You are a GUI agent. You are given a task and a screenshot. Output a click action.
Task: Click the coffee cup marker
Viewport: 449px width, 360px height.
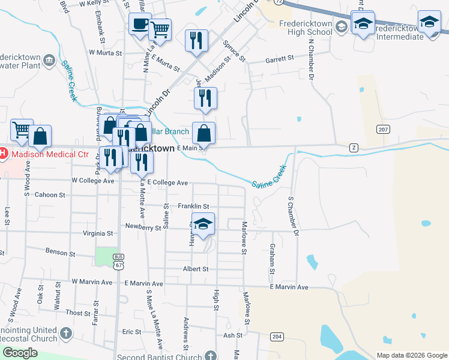(x=140, y=25)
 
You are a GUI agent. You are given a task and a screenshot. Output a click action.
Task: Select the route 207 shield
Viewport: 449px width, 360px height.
(x=383, y=130)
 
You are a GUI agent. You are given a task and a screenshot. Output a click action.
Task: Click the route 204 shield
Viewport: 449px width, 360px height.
(x=276, y=337)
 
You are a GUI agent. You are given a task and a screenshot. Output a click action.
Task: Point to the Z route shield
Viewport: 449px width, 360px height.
(x=354, y=147)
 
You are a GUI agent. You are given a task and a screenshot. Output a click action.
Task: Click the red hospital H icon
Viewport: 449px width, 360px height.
(x=3, y=154)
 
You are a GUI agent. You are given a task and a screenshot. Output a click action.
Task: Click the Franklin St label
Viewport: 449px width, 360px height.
(x=193, y=206)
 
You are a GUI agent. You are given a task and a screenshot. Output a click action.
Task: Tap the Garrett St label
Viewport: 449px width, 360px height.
(x=280, y=59)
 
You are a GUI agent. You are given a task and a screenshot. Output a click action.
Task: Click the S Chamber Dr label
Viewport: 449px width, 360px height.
(x=294, y=215)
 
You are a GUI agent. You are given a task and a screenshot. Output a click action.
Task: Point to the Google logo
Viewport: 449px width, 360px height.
(x=20, y=353)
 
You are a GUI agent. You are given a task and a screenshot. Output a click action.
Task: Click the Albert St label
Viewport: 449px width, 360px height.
(x=196, y=269)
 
